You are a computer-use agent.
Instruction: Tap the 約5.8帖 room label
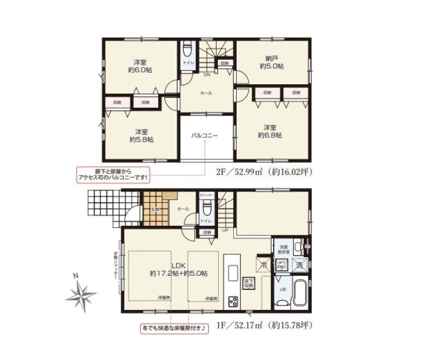click(x=140, y=136)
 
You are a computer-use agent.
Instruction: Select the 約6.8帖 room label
click(x=271, y=131)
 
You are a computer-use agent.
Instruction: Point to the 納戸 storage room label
click(x=271, y=61)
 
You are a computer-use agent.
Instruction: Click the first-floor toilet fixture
click(x=207, y=208)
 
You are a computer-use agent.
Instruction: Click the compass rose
click(x=83, y=294)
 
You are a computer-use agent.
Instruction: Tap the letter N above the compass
click(x=75, y=276)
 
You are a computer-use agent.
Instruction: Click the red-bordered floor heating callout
click(x=174, y=329)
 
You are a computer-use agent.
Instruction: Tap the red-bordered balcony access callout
click(x=113, y=174)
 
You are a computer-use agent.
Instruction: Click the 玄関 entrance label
click(x=153, y=209)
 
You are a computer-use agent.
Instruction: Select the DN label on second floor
click(x=207, y=74)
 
